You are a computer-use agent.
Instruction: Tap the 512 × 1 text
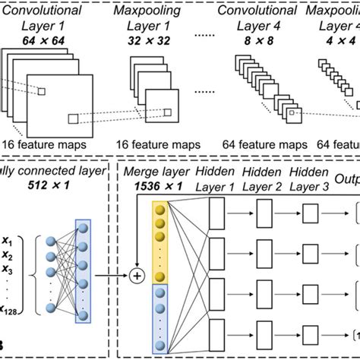(x=65, y=186)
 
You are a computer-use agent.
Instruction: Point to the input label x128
(x=11, y=311)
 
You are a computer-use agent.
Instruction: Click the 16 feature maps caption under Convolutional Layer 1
(x=43, y=144)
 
